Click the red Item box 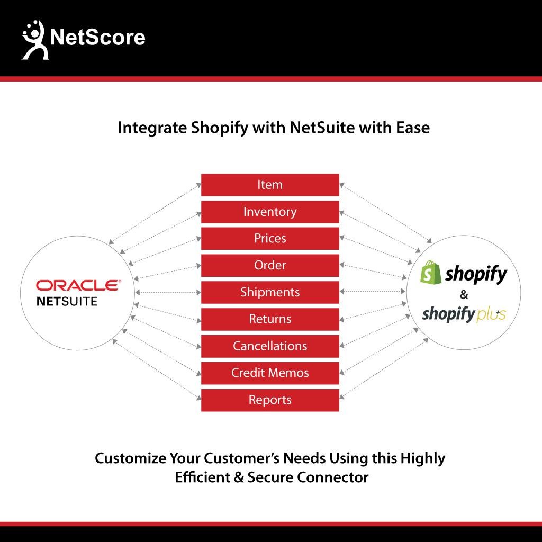coord(270,185)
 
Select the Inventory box coord(270,212)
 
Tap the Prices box coord(270,239)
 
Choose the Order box coord(270,266)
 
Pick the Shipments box coord(270,292)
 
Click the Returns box coord(270,319)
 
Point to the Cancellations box coord(270,346)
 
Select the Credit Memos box coord(270,373)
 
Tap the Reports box coord(270,400)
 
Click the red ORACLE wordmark coord(78,285)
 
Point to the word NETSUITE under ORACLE coord(67,301)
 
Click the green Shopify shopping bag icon coord(430,273)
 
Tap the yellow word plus coord(491,315)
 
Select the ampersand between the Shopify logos coord(464,294)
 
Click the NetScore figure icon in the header coord(34,40)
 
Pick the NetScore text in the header coord(97,37)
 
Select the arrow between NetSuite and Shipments coord(168,292)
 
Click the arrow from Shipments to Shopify coord(372,292)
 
